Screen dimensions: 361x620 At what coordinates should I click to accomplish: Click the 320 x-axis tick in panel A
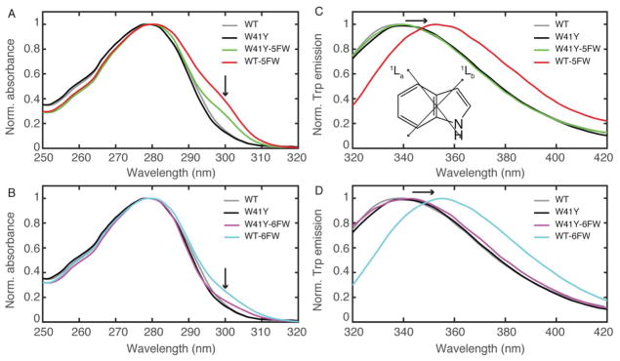tap(297, 156)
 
